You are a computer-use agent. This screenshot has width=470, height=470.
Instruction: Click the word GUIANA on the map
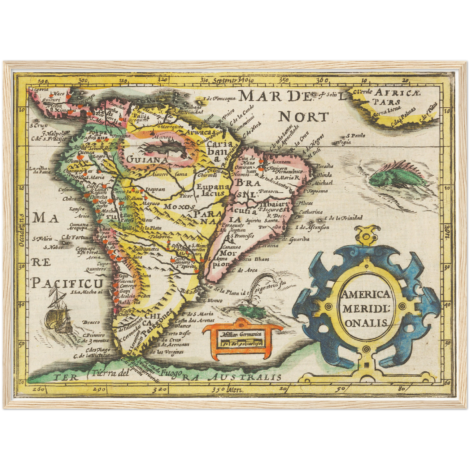click(147, 160)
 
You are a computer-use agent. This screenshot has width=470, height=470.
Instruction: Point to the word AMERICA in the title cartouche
click(365, 294)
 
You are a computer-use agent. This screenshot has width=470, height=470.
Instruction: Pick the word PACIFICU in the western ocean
click(67, 283)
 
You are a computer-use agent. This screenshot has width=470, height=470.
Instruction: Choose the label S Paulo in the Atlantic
click(356, 136)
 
